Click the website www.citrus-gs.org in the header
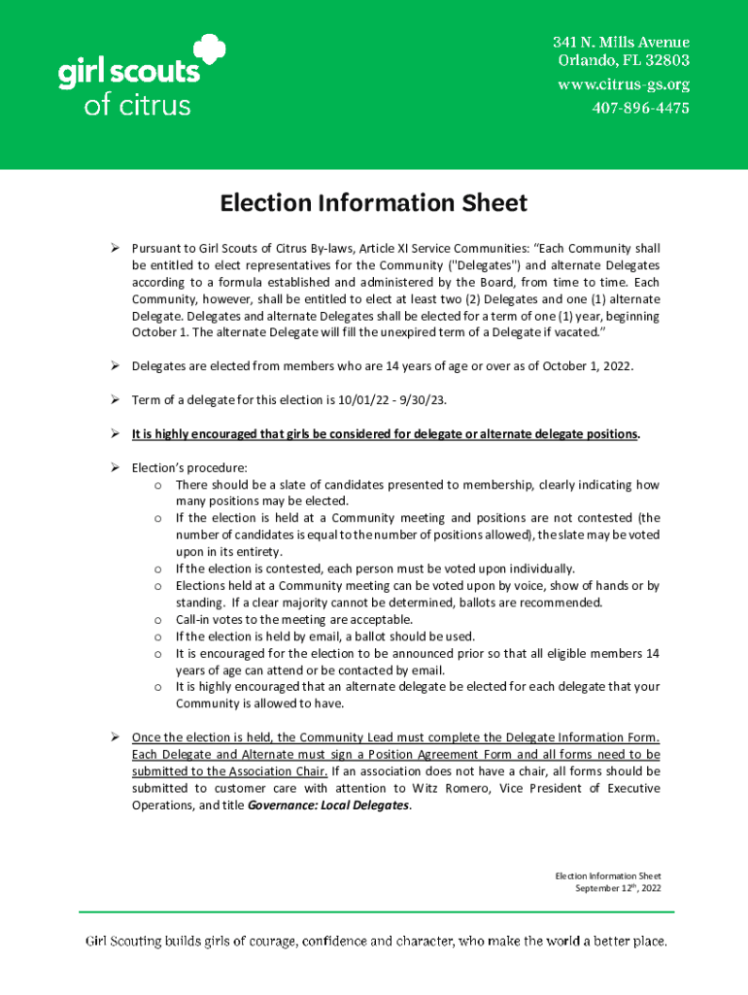click(x=623, y=85)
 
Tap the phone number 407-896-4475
click(x=640, y=108)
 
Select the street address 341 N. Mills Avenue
click(x=621, y=43)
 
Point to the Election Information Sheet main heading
click(x=373, y=203)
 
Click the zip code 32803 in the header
click(x=667, y=61)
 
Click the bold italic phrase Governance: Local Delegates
click(x=329, y=806)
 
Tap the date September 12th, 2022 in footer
click(x=618, y=888)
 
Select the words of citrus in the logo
click(x=137, y=105)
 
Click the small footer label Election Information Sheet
click(x=607, y=876)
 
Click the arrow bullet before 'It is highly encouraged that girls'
click(x=114, y=433)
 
